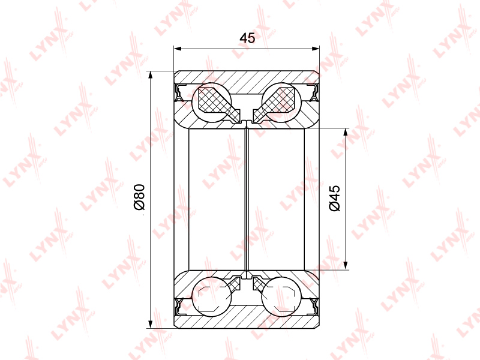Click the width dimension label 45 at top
pos(247,38)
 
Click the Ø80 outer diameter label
pos(139,197)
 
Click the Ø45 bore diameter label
pos(335,198)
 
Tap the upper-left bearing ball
pos(211,102)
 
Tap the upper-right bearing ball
pos(281,102)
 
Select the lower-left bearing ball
pos(211,296)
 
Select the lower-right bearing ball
pos(281,296)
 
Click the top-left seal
pos(178,93)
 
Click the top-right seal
pos(314,93)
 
